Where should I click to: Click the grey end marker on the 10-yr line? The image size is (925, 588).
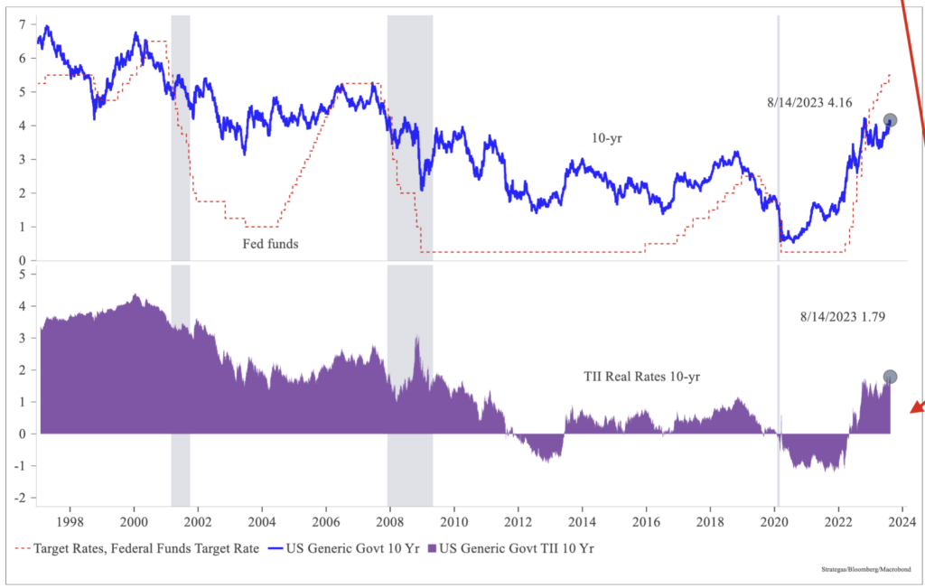pos(890,120)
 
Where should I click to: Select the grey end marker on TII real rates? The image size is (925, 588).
pos(890,377)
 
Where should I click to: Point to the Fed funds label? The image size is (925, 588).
pos(270,243)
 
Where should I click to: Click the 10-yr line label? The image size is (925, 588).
pos(606,139)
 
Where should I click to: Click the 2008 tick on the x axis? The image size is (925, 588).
pos(390,521)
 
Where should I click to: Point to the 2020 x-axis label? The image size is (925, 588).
pos(774,521)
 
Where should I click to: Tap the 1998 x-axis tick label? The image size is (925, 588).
pos(70,521)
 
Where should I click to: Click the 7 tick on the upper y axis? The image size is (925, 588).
pos(21,23)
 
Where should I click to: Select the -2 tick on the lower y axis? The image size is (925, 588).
pos(18,499)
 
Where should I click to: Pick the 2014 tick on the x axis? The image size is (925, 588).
pos(583,521)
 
